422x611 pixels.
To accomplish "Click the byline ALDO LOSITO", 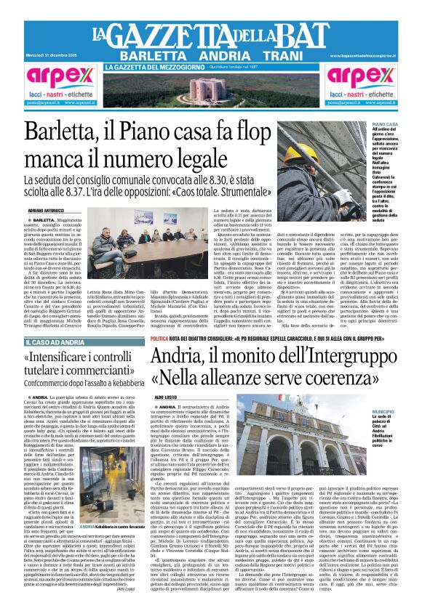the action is pos(165,397).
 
